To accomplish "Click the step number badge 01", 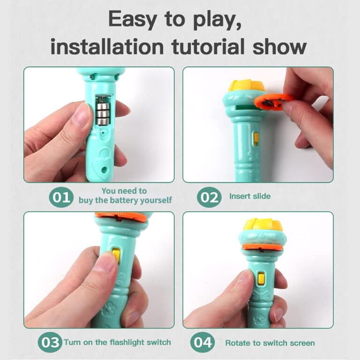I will click(61, 197).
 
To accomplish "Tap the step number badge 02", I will click(209, 197).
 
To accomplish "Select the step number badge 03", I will click(50, 342).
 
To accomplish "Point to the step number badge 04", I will click(202, 343).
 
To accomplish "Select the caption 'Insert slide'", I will click(250, 196).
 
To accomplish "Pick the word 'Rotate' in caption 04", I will click(237, 343).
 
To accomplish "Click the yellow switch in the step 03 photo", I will click(116, 255).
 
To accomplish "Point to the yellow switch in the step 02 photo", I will click(256, 138).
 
